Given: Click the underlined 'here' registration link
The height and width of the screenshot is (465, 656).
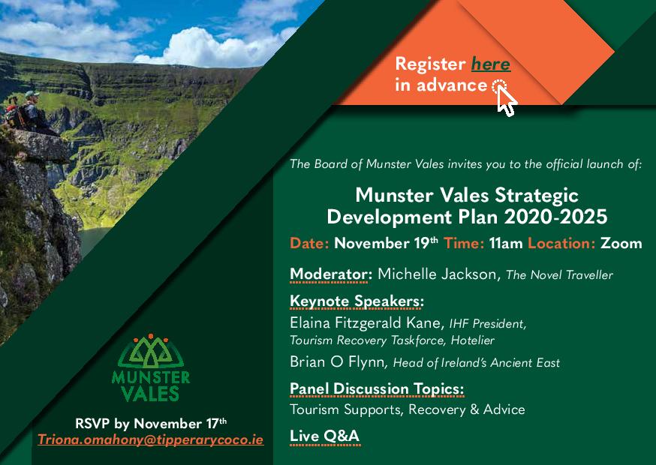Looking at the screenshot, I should [x=491, y=64].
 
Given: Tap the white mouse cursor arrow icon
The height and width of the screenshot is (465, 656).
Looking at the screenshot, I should [x=507, y=100].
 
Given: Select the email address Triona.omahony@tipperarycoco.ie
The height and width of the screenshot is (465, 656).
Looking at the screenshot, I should [x=151, y=439].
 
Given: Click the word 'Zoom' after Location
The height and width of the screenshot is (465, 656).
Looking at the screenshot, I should [x=621, y=243].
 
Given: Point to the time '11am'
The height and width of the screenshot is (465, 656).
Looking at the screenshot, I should [x=507, y=243].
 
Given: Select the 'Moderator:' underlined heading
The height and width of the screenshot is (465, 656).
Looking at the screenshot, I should [x=331, y=274].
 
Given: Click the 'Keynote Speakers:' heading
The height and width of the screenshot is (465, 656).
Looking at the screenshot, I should [x=357, y=302].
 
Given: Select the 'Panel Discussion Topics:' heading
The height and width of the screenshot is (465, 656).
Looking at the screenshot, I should [x=377, y=388].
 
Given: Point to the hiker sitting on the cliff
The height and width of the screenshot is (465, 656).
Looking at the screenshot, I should [x=26, y=112].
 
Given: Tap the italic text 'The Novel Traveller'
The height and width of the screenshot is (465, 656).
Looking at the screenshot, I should [x=559, y=275].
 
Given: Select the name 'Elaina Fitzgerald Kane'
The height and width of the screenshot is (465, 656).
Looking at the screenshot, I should [x=366, y=324].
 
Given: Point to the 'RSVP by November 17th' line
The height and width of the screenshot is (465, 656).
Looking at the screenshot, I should [x=151, y=423].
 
